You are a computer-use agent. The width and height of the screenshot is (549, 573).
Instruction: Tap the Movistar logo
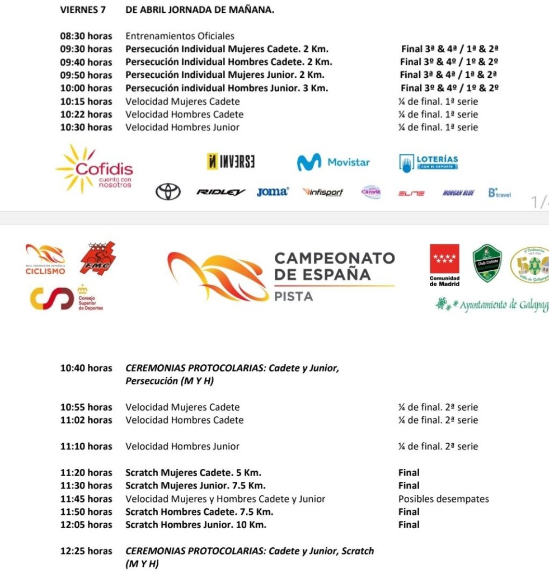pos(333,162)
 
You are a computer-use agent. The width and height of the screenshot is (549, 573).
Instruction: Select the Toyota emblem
pos(168,192)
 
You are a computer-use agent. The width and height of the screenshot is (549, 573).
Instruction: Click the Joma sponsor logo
pos(273,192)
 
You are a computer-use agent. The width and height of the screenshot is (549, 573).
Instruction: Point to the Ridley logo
pos(221,192)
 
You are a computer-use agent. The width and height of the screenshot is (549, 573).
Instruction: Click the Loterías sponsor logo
pos(429,162)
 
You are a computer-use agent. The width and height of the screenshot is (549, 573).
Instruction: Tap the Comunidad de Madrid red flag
pos(444,259)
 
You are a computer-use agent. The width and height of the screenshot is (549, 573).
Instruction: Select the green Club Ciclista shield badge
pos(487,264)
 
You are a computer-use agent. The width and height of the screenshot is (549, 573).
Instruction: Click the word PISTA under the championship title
pos(293,297)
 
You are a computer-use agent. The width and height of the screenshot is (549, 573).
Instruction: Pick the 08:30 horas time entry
pos(86,36)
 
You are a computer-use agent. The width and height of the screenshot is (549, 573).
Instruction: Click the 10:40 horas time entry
pos(86,368)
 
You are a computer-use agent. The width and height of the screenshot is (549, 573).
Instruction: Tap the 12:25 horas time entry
pos(86,551)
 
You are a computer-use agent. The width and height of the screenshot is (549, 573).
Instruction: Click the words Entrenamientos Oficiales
pos(180,36)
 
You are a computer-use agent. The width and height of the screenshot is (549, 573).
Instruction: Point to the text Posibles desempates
pos(443,499)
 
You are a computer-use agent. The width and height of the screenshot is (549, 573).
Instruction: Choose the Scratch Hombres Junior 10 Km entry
pos(195,525)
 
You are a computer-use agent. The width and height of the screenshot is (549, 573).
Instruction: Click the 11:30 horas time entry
pos(86,486)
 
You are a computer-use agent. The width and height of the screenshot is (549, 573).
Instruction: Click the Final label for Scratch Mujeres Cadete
pos(409,473)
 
